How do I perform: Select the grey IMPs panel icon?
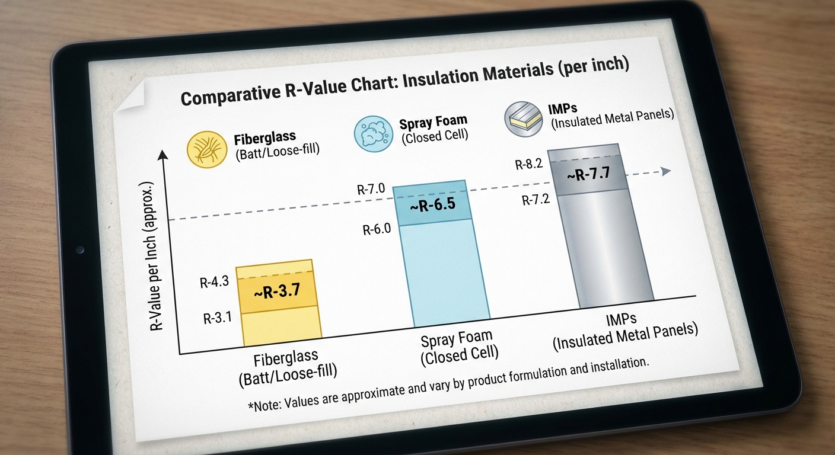tap(522, 118)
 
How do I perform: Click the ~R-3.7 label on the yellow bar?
tap(273, 290)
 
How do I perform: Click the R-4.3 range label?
tap(214, 283)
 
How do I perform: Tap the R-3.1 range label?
tap(217, 318)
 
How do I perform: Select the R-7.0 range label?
tap(371, 190)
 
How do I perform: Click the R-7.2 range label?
tap(536, 200)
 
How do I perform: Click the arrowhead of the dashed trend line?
tap(665, 171)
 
